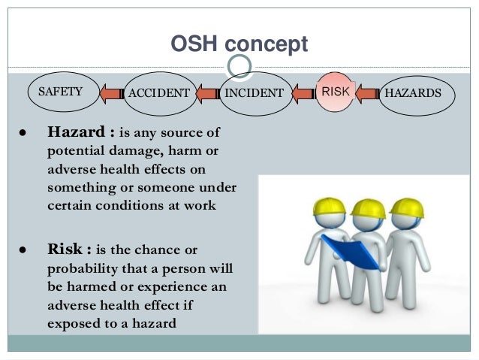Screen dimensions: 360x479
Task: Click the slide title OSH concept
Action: (239, 44)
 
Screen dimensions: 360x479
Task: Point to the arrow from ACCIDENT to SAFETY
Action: (110, 94)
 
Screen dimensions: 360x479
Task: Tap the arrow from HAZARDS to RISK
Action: (367, 94)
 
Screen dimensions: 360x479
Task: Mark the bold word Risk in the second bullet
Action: (65, 250)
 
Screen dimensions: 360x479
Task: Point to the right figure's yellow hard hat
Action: (407, 207)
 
